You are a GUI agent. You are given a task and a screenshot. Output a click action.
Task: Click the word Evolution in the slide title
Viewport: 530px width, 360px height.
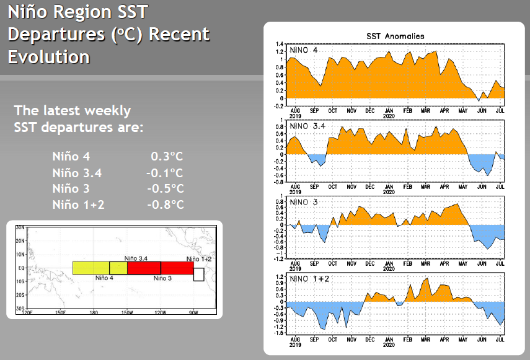(49, 57)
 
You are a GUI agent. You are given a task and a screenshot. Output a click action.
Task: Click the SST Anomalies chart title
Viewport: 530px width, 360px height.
(395, 37)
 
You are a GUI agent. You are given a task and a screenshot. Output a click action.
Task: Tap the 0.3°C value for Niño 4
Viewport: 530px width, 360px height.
(167, 157)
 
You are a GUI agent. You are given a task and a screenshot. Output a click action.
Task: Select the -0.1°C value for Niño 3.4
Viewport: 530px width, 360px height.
(165, 173)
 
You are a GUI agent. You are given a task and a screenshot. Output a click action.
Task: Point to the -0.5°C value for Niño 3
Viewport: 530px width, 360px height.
(165, 189)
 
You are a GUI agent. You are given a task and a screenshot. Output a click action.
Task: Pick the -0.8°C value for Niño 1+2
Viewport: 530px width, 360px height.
(165, 205)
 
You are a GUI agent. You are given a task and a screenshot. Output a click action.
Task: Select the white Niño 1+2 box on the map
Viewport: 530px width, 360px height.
(198, 274)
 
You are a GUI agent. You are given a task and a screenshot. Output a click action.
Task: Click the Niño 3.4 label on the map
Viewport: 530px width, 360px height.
(136, 257)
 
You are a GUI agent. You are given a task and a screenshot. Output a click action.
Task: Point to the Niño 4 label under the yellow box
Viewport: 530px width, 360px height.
(105, 278)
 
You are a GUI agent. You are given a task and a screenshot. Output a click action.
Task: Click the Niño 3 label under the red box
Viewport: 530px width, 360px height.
(162, 278)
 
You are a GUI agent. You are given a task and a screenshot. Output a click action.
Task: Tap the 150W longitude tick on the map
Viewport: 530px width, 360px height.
(127, 312)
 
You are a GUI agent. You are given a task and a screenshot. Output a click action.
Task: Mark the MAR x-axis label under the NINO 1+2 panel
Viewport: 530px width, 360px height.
(426, 340)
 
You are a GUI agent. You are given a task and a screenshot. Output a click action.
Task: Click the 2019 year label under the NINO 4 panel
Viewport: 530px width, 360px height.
(294, 115)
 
